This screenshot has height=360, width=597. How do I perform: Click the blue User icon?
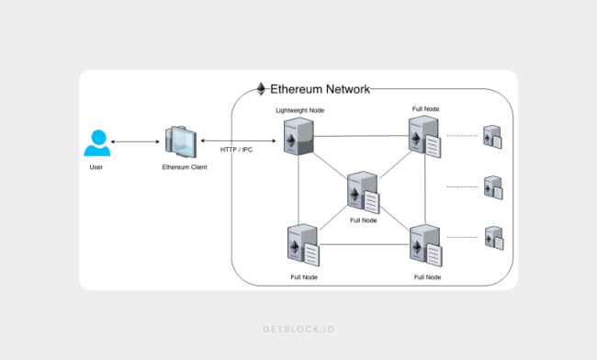coord(97,143)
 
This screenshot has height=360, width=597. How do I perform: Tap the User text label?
coord(96,167)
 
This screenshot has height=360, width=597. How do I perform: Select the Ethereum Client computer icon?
coord(181,141)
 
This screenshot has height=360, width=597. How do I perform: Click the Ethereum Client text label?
coord(185,167)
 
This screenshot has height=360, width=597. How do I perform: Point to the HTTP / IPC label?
coord(236,150)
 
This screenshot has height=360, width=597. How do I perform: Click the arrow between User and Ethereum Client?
coord(135,142)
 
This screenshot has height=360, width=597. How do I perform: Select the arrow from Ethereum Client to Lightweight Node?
coord(239,141)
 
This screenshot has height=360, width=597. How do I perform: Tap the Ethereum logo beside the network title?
coord(261,89)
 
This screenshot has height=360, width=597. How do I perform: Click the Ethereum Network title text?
coord(320,89)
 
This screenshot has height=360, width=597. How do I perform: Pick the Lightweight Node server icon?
coord(298,136)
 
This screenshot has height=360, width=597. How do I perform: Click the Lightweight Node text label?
coord(300,110)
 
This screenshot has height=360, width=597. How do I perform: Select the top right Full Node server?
coord(424,136)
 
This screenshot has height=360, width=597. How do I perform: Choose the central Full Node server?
coord(363,192)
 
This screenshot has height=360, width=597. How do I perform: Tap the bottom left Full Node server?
coord(303,244)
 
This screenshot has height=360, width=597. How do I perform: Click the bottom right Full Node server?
coord(425,245)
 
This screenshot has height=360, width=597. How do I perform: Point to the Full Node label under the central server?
coord(364,220)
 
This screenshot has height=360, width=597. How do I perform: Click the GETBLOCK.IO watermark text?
coord(298,329)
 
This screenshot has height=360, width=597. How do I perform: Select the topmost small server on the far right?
coord(492,137)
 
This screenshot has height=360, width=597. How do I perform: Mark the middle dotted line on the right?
coord(462,186)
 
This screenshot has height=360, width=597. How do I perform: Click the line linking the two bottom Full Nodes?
coord(365,244)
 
